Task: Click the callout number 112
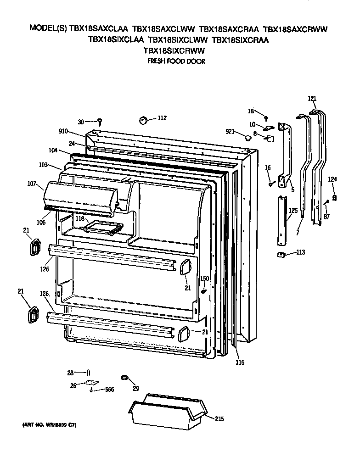[162, 118]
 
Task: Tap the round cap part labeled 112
[143, 120]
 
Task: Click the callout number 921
[231, 133]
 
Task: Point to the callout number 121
[312, 99]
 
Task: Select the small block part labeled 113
[279, 254]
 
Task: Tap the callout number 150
[204, 279]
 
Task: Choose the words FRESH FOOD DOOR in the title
[175, 61]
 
